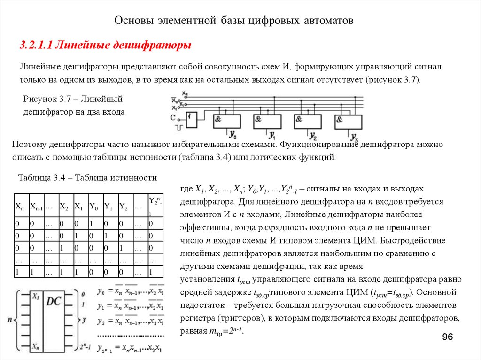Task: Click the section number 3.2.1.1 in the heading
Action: pos(36,45)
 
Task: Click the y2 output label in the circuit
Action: pos(313,136)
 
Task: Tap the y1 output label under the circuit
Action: pos(272,135)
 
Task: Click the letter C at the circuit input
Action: pos(173,116)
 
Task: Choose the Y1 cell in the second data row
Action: pos(109,235)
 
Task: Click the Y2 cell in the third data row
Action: pos(124,247)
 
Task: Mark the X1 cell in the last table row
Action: pos(79,272)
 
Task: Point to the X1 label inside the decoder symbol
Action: pos(35,297)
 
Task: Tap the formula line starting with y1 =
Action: pos(130,307)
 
